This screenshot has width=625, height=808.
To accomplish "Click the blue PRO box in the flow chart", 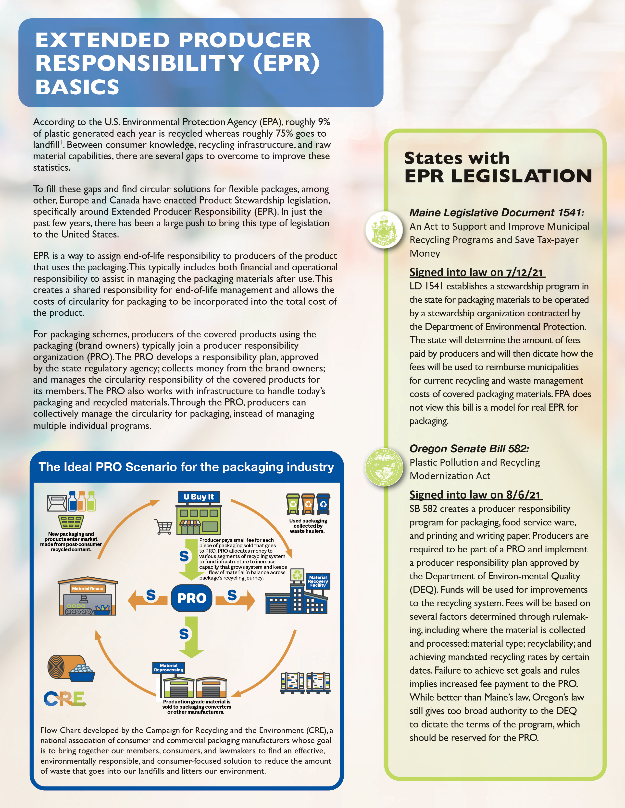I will click(191, 598).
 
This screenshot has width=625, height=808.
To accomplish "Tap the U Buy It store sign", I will click(199, 497).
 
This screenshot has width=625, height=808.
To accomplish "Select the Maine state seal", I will click(384, 230).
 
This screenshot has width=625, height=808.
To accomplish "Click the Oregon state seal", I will click(384, 467).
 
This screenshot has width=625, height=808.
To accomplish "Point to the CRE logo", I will click(65, 699).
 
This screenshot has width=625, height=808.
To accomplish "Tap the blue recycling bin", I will click(323, 504).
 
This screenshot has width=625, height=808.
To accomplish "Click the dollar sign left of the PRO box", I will click(151, 594).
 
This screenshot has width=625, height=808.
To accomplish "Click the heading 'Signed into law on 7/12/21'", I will click(477, 272).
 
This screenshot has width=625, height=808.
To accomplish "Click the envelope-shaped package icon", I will click(57, 503).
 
